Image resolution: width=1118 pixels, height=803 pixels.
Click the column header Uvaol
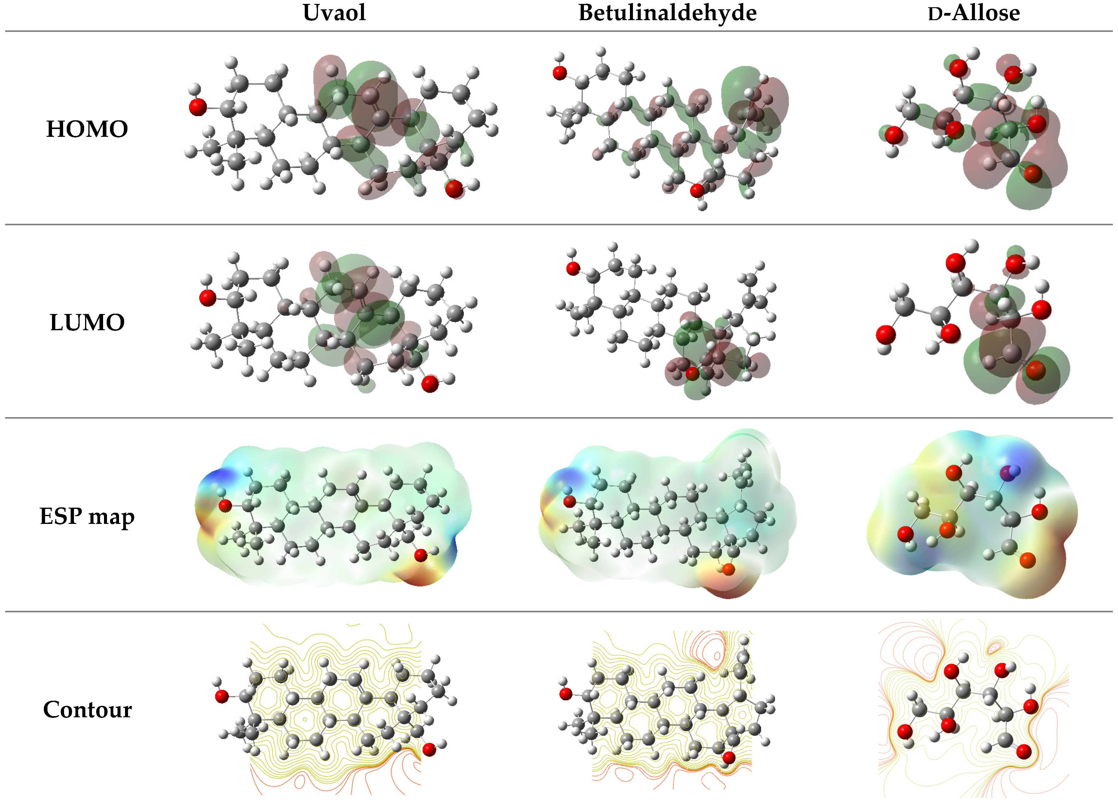(334, 13)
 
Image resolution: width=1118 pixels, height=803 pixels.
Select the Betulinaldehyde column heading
(667, 13)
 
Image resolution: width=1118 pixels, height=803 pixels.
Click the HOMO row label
(87, 129)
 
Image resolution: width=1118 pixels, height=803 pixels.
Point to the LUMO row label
(87, 323)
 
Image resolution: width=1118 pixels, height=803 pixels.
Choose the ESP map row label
(87, 516)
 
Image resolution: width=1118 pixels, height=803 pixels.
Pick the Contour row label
(87, 710)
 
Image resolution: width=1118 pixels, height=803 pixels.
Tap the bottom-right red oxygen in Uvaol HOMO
(454, 188)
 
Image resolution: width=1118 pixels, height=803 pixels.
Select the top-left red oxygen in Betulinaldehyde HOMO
(560, 73)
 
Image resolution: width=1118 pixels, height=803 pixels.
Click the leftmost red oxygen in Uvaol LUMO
(208, 298)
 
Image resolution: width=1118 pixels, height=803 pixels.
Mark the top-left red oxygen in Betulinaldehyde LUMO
(573, 269)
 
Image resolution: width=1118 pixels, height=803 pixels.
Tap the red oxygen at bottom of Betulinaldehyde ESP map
(729, 570)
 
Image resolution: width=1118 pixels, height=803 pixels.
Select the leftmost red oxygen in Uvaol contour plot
(222, 697)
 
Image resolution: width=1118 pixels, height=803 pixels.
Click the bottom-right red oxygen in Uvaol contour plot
(429, 750)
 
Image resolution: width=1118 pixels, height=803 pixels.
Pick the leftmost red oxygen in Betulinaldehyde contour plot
(566, 694)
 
